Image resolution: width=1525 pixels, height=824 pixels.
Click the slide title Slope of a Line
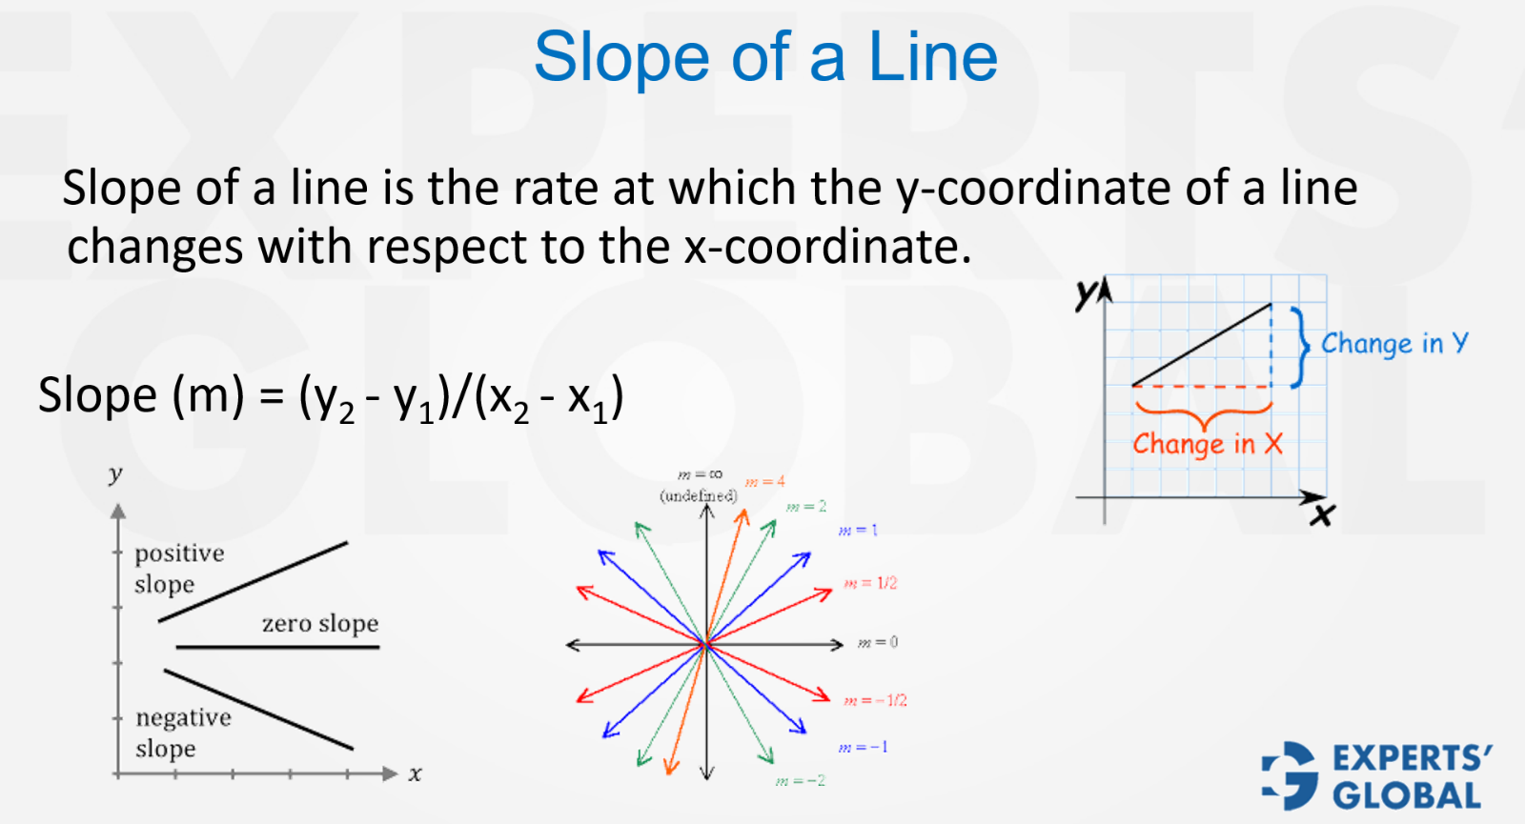(x=765, y=57)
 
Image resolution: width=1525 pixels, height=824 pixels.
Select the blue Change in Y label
(x=1393, y=344)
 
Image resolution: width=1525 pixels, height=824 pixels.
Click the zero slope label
(x=320, y=624)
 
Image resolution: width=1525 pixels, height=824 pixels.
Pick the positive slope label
(x=178, y=569)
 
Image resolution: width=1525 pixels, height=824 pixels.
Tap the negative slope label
(x=182, y=733)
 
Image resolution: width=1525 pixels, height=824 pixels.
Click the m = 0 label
(x=878, y=643)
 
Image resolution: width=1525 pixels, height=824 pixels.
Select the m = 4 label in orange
(x=764, y=482)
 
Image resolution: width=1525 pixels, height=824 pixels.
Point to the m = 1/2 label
(x=870, y=583)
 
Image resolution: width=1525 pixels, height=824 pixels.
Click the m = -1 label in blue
(x=863, y=747)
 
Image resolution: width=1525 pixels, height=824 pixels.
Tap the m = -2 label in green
(x=801, y=781)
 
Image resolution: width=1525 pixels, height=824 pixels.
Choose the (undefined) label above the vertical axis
(x=699, y=495)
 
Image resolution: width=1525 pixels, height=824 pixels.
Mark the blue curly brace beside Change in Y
(x=1301, y=347)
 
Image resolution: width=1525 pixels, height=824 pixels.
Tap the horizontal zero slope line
(x=277, y=648)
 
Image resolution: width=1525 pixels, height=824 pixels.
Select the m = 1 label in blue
(x=858, y=531)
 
